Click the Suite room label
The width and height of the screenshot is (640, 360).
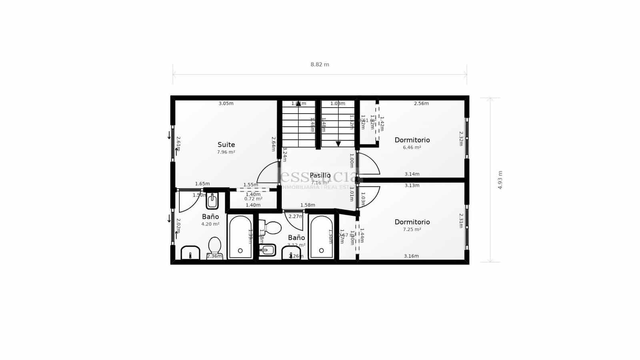coord(226,145)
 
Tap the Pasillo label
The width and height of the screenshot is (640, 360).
coord(320,175)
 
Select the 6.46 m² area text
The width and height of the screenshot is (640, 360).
coord(412,148)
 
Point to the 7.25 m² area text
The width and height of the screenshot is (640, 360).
coord(412,230)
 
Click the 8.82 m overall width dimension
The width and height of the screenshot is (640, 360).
coord(320,64)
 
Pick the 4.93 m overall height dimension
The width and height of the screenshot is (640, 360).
coord(500,180)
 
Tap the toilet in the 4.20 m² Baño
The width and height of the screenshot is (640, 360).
coord(215,246)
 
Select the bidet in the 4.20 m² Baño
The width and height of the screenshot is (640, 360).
coord(212,201)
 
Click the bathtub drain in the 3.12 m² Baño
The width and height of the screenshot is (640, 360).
coord(322,250)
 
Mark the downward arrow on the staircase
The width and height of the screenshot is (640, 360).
coord(338,144)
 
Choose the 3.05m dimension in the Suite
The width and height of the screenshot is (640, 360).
coord(226,104)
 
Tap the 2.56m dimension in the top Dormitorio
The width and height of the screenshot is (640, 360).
coord(421,104)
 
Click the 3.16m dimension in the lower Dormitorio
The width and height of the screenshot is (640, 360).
coord(411,256)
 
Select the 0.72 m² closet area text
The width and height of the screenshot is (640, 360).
coord(253,199)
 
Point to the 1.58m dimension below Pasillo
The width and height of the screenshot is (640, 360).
coord(308,205)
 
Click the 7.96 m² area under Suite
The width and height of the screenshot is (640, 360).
coord(226,152)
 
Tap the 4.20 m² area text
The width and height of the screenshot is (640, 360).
coord(210,224)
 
